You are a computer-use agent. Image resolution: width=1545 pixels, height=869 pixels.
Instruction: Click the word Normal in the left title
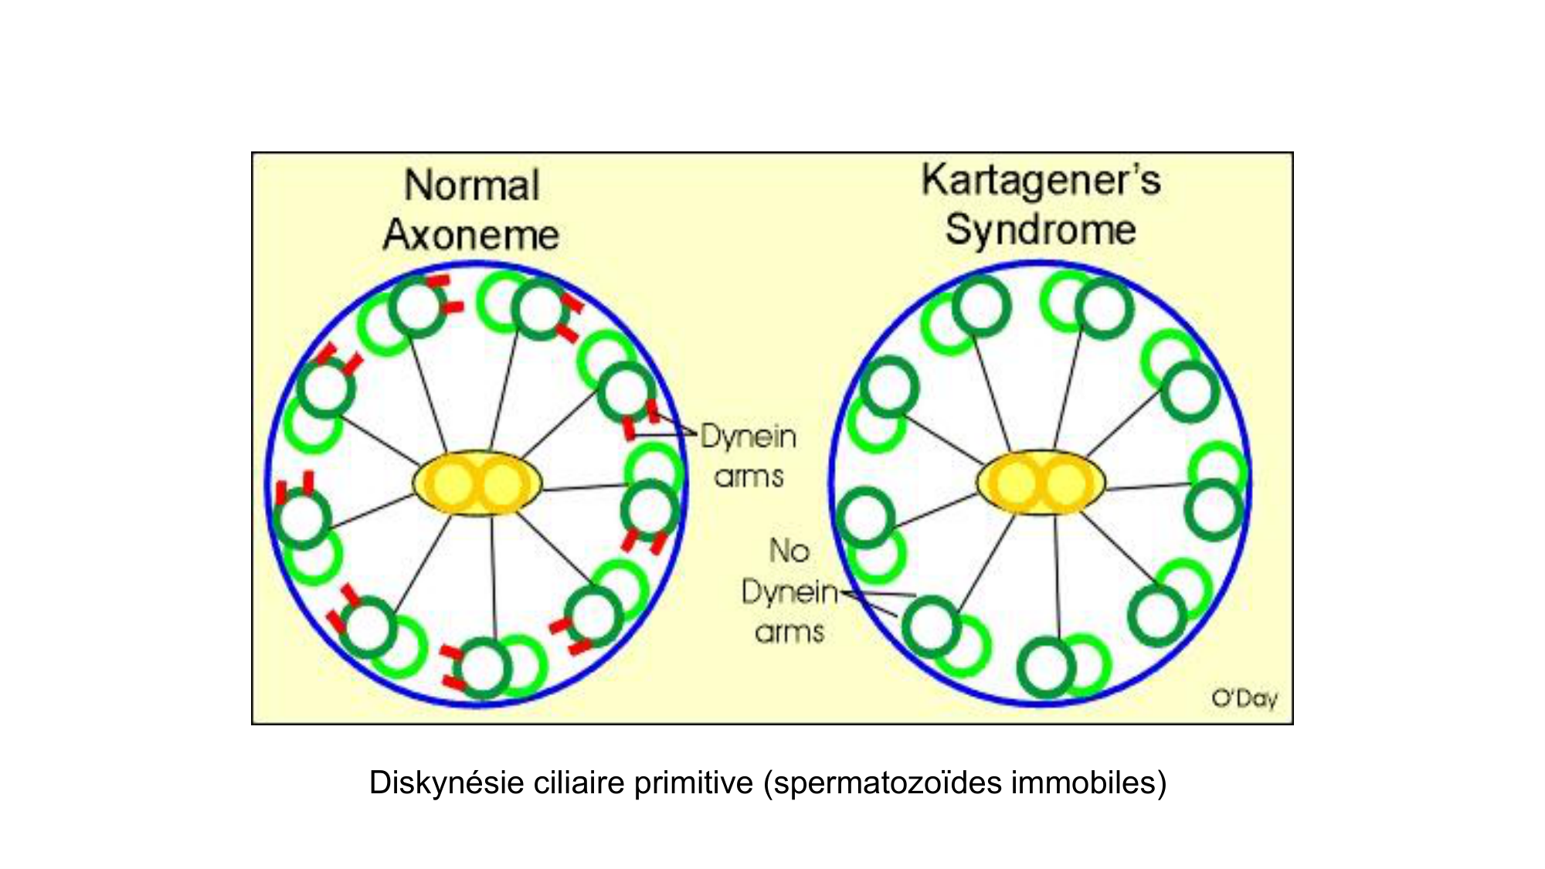[x=471, y=186]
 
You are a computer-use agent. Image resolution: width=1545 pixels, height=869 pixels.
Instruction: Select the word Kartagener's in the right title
[x=1041, y=180]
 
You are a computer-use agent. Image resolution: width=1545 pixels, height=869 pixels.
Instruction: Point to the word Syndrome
[x=1041, y=229]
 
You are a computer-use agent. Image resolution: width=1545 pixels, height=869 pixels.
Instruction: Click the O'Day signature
[x=1244, y=698]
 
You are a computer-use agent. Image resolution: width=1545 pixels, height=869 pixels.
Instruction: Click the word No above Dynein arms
[x=789, y=551]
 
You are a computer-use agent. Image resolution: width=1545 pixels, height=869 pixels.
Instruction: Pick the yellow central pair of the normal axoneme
[x=477, y=484]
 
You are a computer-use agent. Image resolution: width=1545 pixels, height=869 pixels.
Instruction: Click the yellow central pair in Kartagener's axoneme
[x=1041, y=484]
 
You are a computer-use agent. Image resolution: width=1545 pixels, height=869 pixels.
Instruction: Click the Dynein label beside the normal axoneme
[x=748, y=437]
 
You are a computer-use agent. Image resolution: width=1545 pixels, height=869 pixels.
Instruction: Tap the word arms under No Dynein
[x=789, y=633]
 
